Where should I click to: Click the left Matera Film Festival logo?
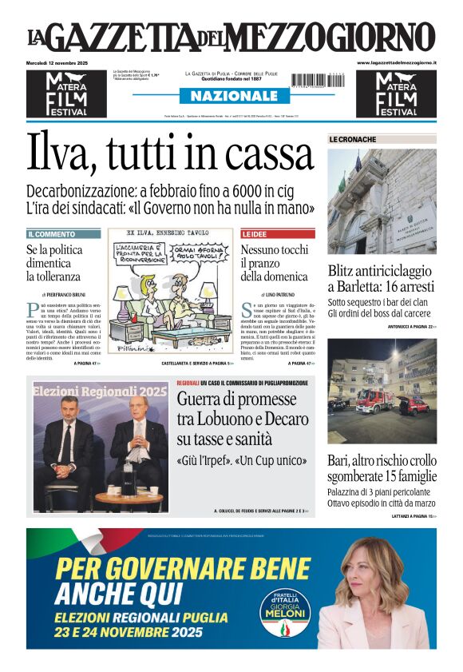[66, 93]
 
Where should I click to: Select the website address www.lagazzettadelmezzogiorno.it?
[396, 62]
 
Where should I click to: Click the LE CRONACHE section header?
[352, 139]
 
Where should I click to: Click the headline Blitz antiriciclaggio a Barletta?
[381, 278]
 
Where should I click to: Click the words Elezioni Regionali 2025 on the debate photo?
[101, 391]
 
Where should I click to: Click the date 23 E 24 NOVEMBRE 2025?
[129, 631]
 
